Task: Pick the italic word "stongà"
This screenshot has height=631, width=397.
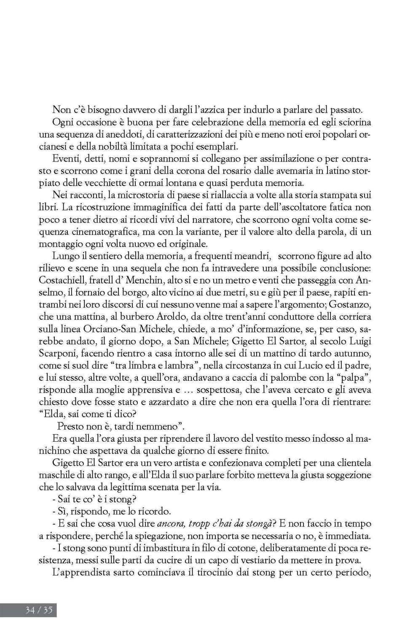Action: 255,524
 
